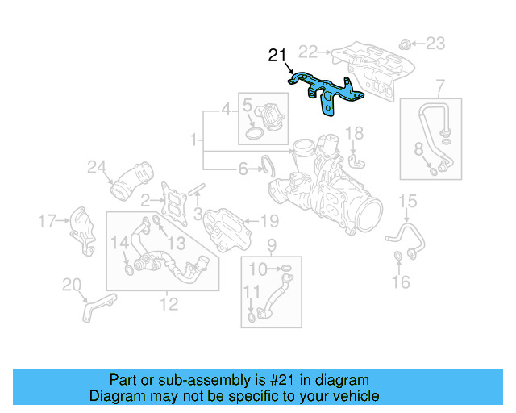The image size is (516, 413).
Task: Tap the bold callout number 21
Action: pyautogui.click(x=277, y=56)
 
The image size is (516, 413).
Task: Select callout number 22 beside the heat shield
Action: pyautogui.click(x=309, y=52)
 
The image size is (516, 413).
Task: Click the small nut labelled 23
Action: pyautogui.click(x=408, y=43)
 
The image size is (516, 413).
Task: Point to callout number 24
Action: pyautogui.click(x=97, y=168)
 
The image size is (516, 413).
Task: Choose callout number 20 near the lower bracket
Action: pyautogui.click(x=72, y=284)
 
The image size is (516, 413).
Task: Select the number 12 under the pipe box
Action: pyautogui.click(x=169, y=304)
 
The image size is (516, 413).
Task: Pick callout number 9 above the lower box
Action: pyautogui.click(x=272, y=244)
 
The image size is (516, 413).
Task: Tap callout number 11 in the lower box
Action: pyautogui.click(x=252, y=291)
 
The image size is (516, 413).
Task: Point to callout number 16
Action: pyautogui.click(x=401, y=282)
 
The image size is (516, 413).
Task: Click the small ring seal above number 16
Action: pyautogui.click(x=398, y=257)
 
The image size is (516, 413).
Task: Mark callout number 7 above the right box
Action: pyautogui.click(x=440, y=86)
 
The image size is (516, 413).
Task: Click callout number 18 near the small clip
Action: pyautogui.click(x=355, y=132)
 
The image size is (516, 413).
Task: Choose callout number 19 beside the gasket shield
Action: pyautogui.click(x=269, y=220)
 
